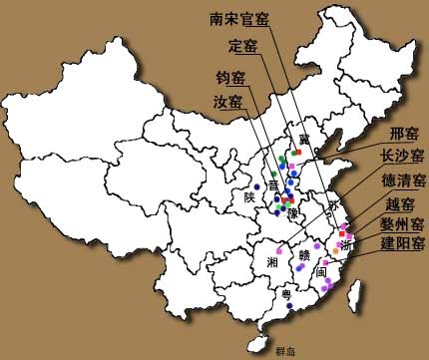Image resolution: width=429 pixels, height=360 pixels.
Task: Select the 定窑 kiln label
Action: point(243,45)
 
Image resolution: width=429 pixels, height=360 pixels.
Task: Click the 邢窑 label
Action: point(404,134)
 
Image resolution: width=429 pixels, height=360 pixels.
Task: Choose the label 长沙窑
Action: point(398,157)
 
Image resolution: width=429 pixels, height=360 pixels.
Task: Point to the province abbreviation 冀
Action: point(292,140)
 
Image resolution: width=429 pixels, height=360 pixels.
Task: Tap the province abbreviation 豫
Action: point(292,213)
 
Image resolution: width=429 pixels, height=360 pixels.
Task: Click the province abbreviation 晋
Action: point(273,183)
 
